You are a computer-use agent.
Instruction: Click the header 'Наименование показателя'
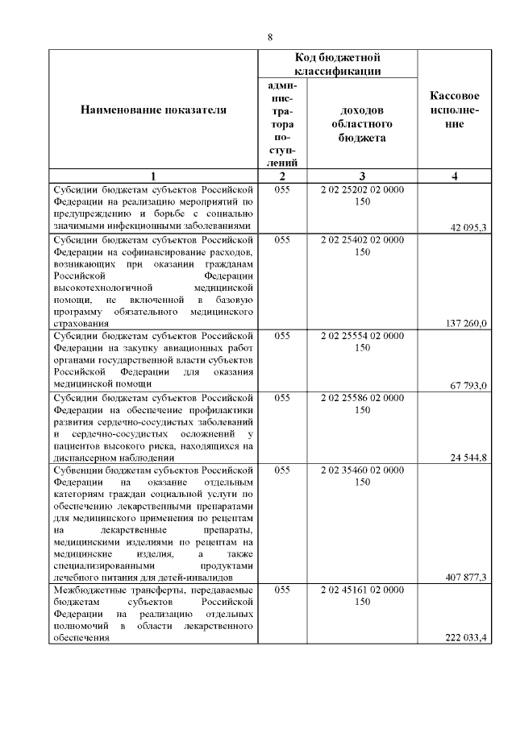153,110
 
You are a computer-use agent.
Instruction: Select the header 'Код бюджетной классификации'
337,64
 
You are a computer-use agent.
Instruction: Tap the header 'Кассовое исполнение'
456,110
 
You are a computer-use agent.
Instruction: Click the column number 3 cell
362,176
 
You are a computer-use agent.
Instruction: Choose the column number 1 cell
153,176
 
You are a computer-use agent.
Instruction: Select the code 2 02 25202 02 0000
362,190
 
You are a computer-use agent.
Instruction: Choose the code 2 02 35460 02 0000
362,469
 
